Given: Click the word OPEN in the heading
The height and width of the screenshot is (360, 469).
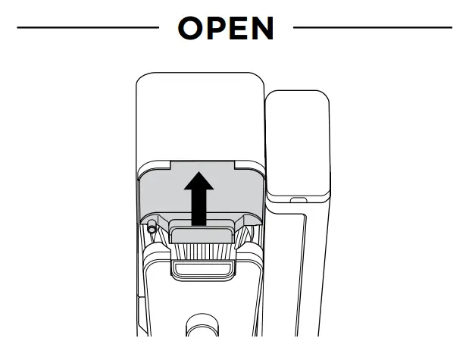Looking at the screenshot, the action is [225, 28].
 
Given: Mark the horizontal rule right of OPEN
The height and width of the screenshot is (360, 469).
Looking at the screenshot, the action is [372, 28].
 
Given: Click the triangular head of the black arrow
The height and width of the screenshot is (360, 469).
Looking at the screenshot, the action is [199, 183].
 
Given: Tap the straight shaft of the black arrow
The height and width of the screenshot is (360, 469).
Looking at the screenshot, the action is [199, 208].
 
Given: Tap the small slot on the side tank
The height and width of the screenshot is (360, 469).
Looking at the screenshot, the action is [297, 201].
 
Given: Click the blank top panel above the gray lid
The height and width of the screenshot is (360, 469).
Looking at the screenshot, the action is [199, 114].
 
